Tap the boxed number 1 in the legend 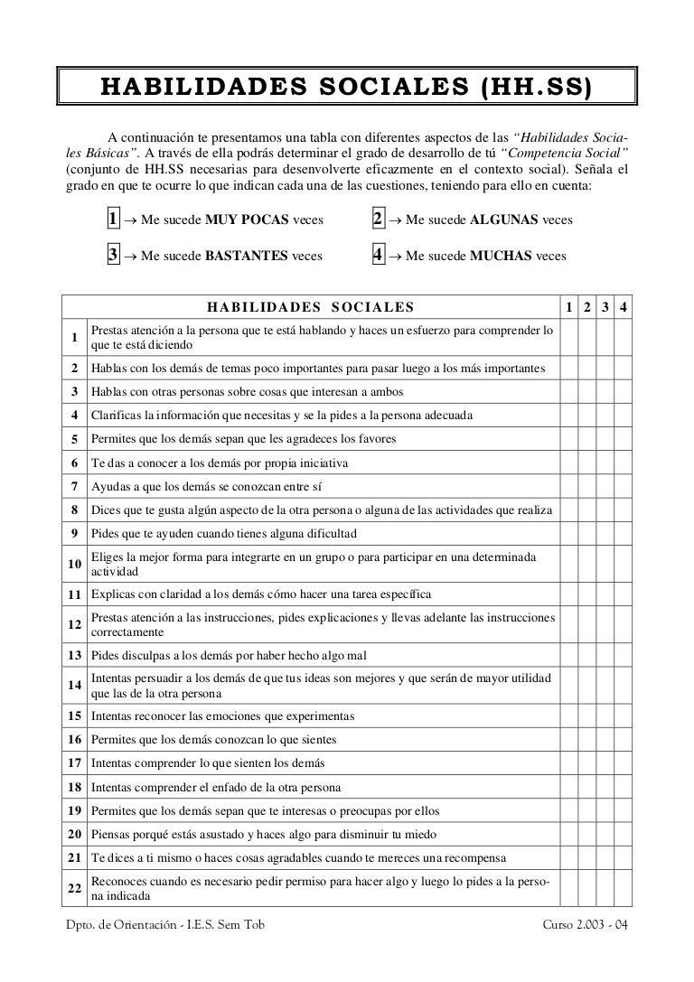pos(114,220)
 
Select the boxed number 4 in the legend pos(379,256)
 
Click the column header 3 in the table pos(605,309)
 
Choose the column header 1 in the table pos(568,309)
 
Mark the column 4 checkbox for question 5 pos(623,439)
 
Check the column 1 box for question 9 pos(568,533)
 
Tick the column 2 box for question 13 pos(586,655)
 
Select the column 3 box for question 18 pos(605,787)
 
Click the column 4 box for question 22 pos(623,889)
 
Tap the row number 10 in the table pos(72,564)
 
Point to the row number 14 pos(72,686)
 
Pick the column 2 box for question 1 pos(586,339)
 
